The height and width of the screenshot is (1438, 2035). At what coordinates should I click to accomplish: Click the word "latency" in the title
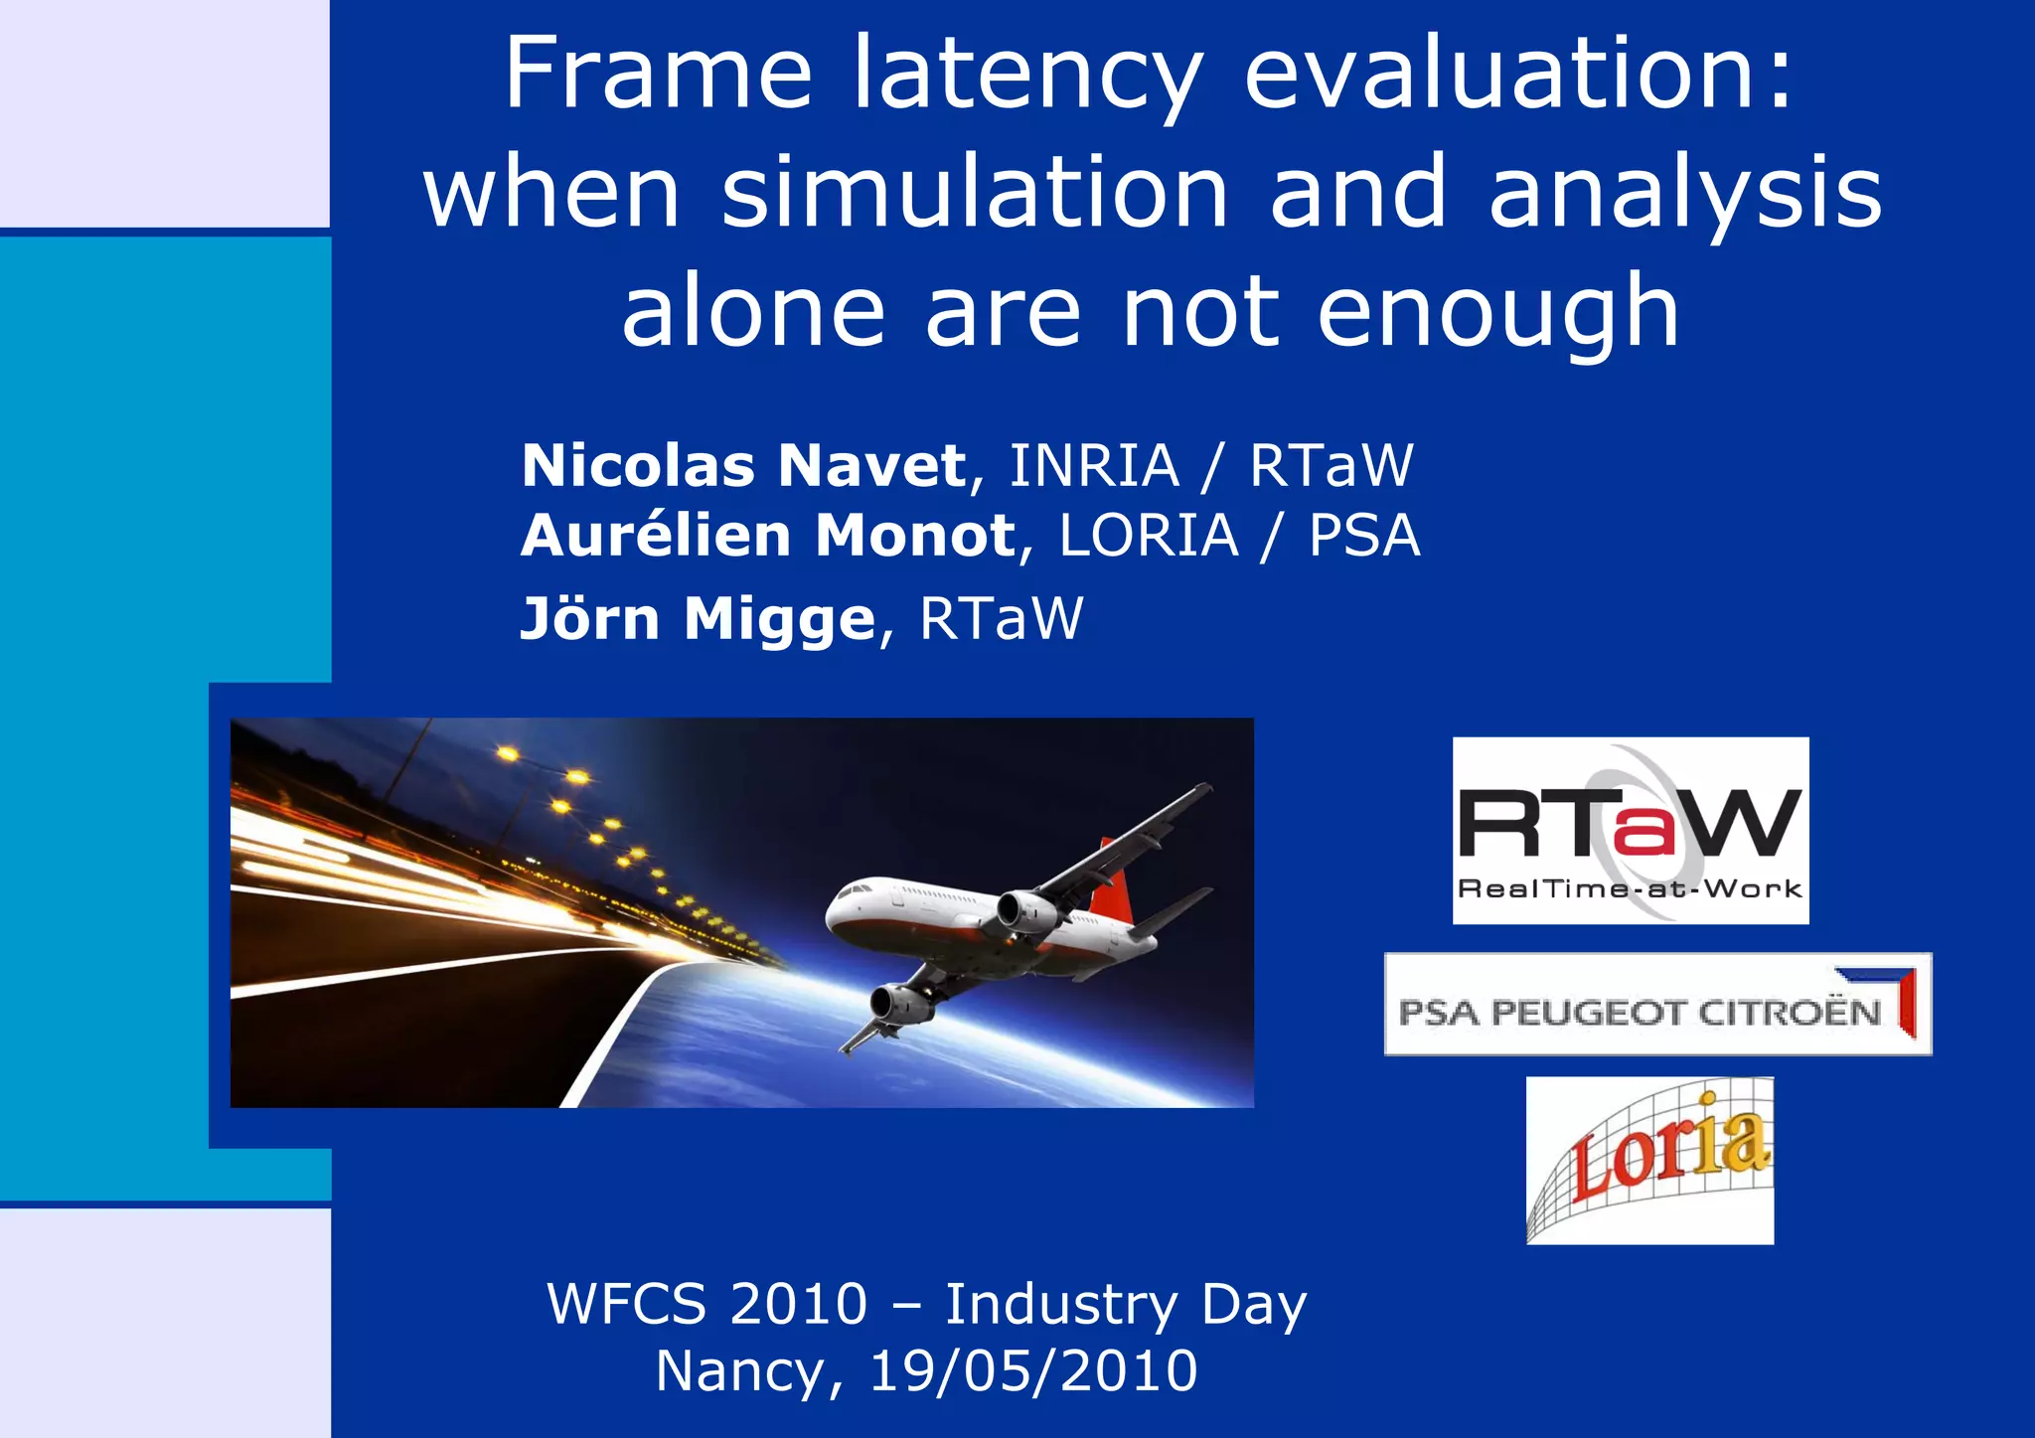coord(1027,75)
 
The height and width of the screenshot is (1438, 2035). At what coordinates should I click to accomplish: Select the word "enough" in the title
coord(1497,313)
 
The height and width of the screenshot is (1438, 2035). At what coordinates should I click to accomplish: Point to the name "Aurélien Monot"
coord(768,536)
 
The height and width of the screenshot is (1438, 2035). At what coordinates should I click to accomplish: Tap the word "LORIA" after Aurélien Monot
coord(1149,536)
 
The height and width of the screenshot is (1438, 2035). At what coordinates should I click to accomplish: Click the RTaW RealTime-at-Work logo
coord(1630,830)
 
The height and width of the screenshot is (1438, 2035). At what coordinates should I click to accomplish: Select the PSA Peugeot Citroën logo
coord(1657,1004)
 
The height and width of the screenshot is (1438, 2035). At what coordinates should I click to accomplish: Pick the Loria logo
coord(1649,1160)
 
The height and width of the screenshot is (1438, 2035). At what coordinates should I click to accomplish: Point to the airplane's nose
coord(833,910)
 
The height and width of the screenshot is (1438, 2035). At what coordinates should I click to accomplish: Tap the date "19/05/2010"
coord(1033,1371)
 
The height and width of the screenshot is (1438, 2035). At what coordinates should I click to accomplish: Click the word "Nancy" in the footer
coord(740,1371)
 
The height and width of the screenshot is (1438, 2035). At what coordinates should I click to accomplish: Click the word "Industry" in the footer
coord(1061,1304)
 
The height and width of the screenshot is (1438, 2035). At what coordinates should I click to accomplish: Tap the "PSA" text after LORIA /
coord(1363,536)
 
